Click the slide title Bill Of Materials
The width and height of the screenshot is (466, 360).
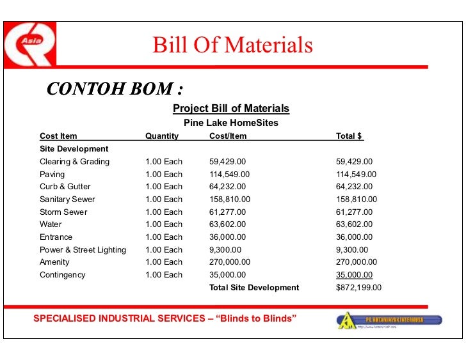click(x=232, y=45)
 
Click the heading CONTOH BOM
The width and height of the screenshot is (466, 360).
click(x=111, y=88)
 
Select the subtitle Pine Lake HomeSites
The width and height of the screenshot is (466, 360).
click(x=231, y=123)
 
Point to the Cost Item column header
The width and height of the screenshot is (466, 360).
click(x=58, y=136)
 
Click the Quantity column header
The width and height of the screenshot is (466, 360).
click(x=162, y=136)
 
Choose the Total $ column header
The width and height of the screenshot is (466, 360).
click(x=349, y=136)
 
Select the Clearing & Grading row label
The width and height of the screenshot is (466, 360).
click(x=74, y=162)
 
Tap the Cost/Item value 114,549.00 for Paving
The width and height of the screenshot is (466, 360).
click(x=229, y=174)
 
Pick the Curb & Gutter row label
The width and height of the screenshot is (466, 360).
click(x=66, y=187)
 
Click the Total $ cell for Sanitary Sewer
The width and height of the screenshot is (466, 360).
click(x=357, y=200)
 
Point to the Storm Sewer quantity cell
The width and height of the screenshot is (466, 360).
click(x=164, y=212)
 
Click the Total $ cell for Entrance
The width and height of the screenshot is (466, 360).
click(x=354, y=237)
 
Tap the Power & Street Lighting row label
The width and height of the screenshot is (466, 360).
click(x=83, y=249)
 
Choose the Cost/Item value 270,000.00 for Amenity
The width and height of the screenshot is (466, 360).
click(x=230, y=262)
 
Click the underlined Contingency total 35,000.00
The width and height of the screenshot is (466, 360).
click(x=354, y=275)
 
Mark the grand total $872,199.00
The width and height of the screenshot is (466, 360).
click(x=358, y=288)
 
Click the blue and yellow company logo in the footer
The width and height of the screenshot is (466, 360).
click(x=389, y=320)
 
